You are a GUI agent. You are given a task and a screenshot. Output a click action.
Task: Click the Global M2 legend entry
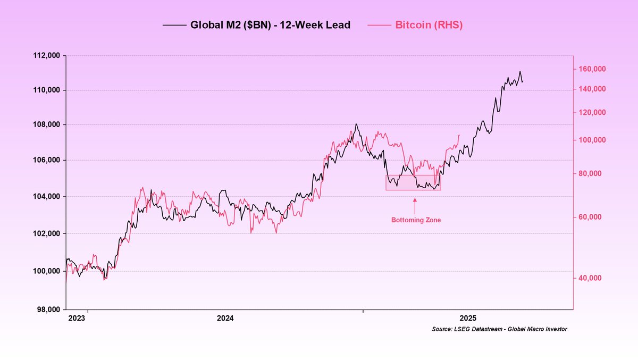[270, 25]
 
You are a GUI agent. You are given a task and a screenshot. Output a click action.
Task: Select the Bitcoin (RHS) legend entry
[429, 25]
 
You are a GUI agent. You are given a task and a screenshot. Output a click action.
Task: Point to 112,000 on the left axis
[46, 55]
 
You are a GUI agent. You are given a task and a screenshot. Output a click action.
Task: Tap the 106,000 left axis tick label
[46, 160]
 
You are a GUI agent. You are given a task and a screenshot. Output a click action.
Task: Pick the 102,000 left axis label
[46, 233]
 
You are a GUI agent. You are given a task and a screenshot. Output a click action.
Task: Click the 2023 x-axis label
[77, 319]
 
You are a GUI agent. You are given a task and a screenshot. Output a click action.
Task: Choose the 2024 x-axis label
[225, 319]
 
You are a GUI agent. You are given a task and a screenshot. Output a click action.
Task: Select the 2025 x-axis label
[468, 319]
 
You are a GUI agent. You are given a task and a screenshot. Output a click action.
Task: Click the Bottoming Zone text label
[416, 220]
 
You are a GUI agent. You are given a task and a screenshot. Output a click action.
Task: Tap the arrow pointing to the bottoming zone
[415, 204]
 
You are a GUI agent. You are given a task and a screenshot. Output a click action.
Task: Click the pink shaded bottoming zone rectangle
[413, 182]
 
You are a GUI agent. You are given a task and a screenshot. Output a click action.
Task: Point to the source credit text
[499, 329]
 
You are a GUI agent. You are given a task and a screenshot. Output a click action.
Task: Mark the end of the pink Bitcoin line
[459, 135]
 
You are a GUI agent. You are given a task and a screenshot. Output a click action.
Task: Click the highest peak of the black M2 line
[520, 71]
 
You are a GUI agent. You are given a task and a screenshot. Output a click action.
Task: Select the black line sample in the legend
[173, 25]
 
